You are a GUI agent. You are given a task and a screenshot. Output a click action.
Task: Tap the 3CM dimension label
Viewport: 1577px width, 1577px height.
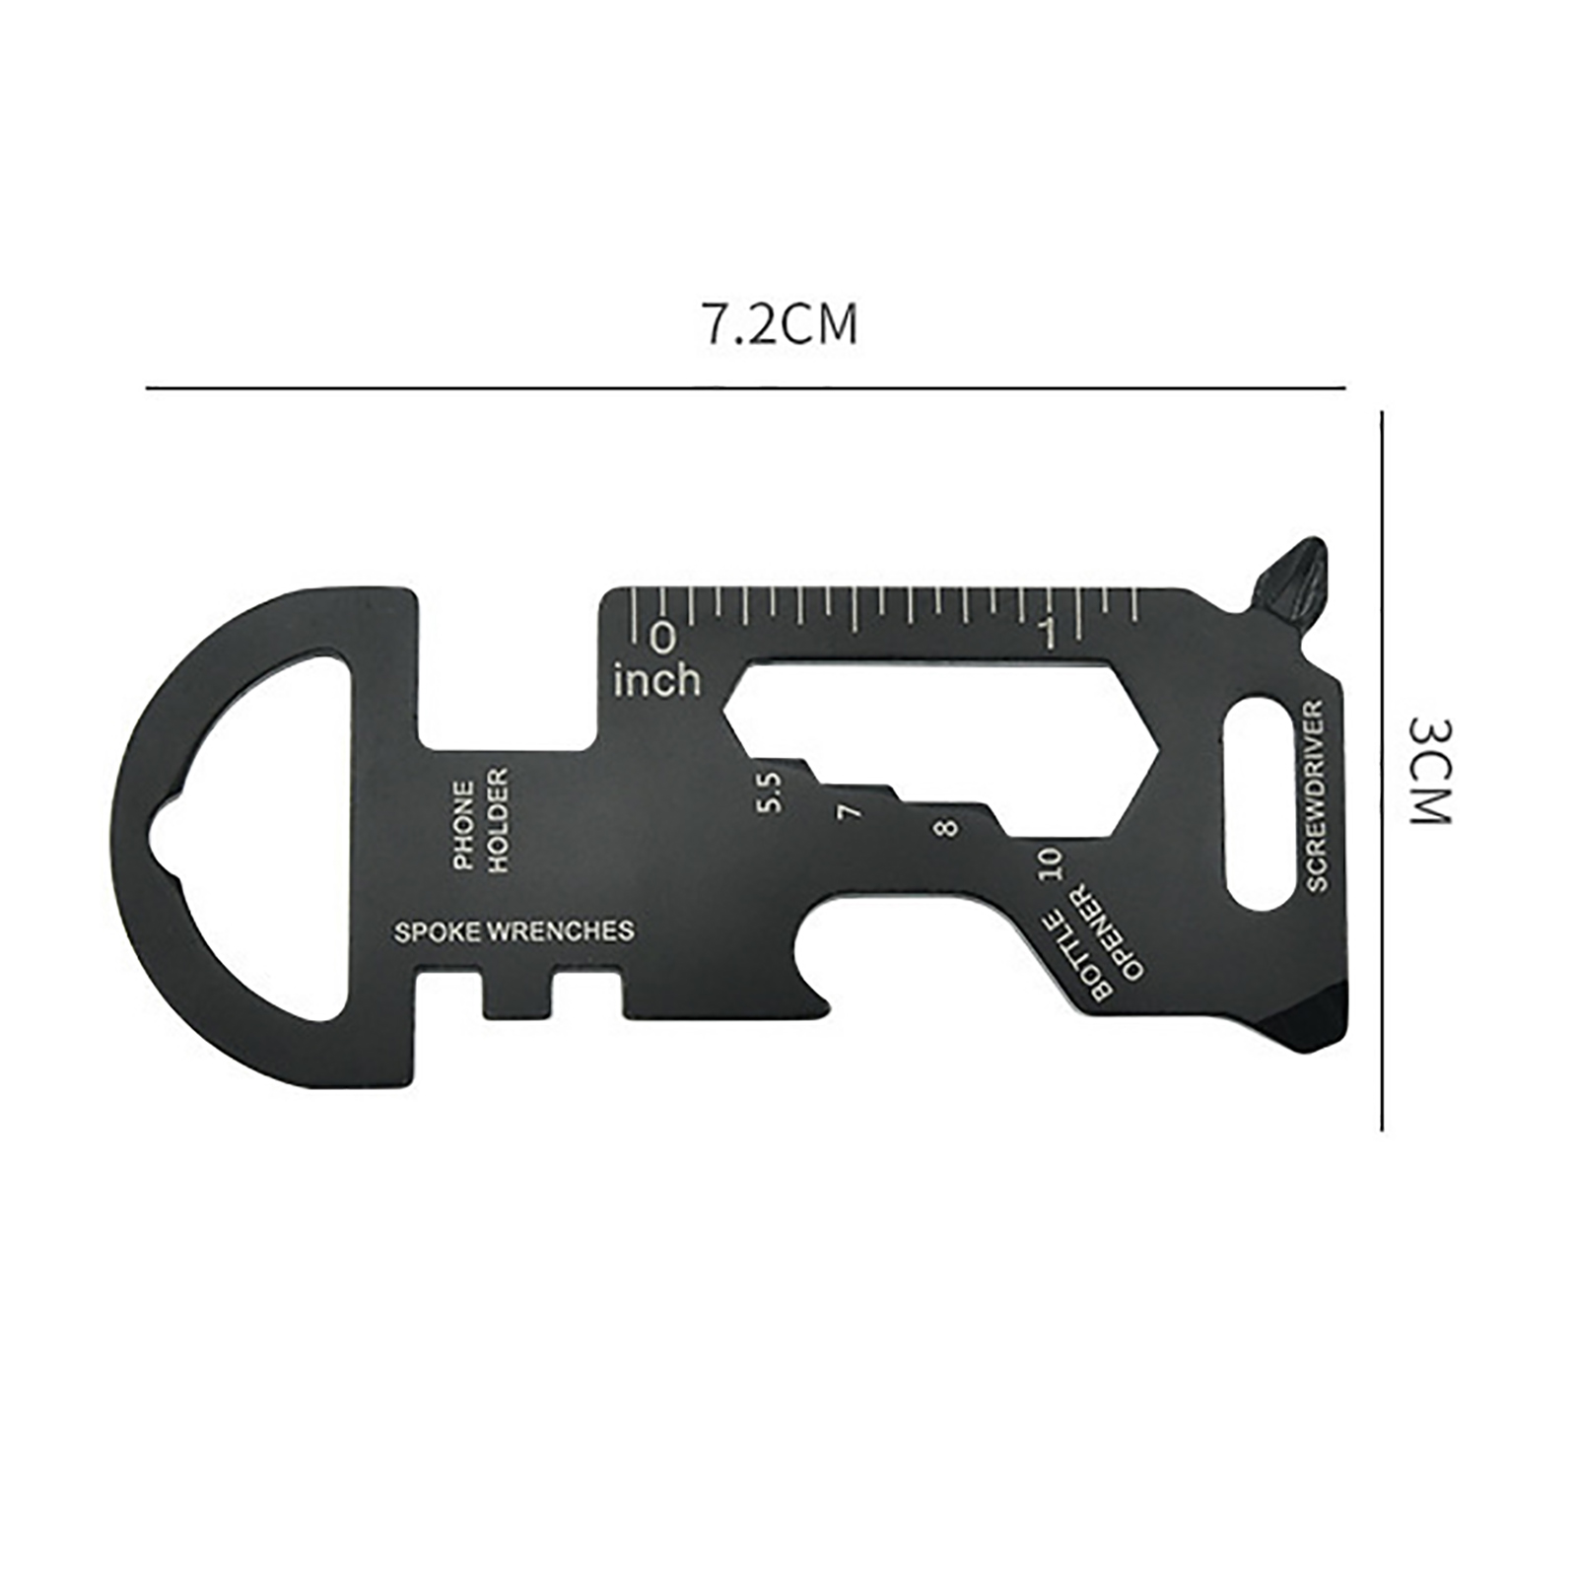1428,770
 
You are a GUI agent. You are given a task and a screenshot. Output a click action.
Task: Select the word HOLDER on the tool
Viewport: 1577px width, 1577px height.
500,820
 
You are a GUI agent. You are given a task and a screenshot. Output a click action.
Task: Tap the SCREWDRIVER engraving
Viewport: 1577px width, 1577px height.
1318,795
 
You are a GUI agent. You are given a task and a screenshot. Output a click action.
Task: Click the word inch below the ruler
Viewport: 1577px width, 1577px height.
657,679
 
